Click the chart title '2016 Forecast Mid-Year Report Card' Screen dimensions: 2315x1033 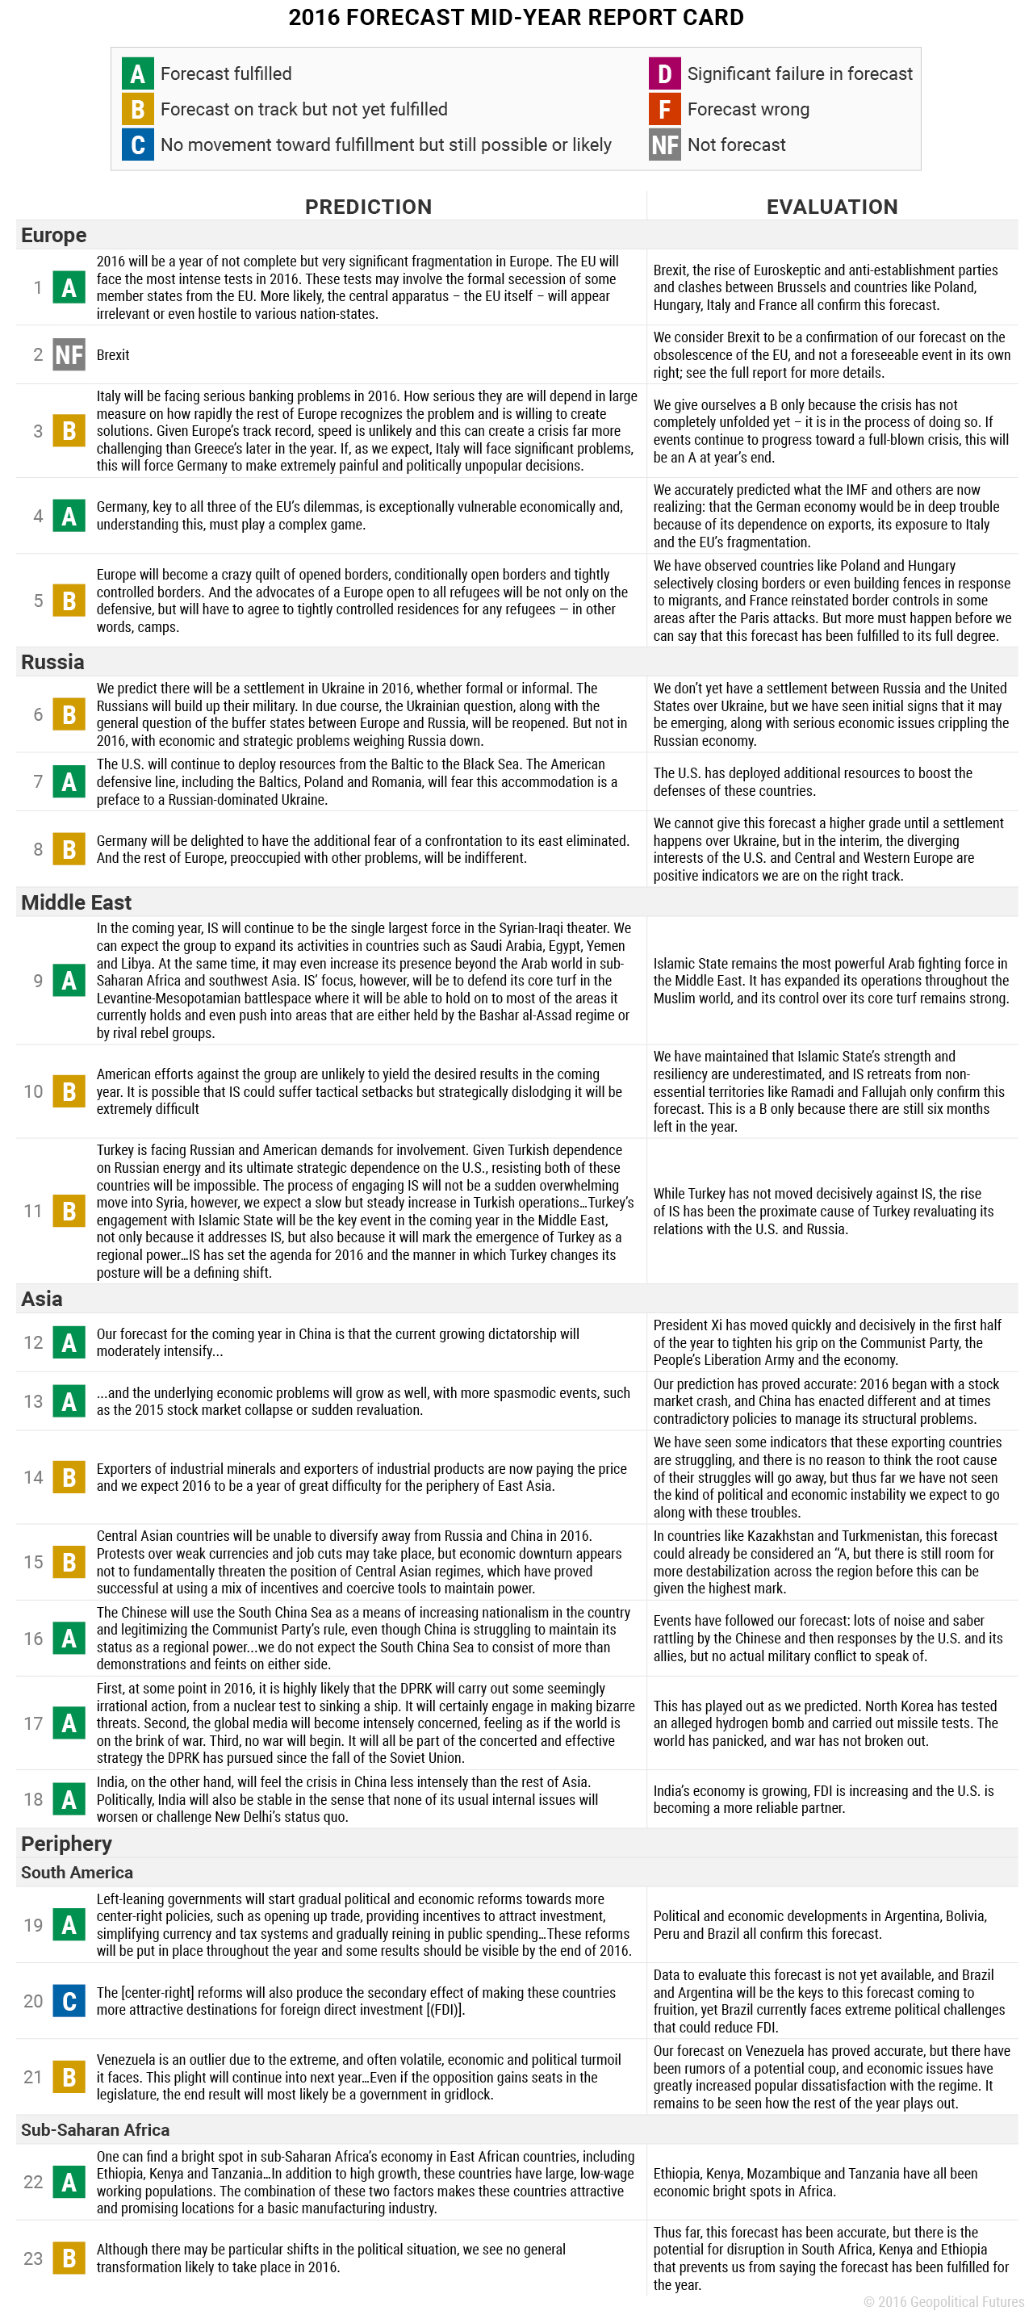516,18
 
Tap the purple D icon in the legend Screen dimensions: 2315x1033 664,73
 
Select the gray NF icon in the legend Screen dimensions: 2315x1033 664,144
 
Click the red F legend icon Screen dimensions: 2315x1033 664,110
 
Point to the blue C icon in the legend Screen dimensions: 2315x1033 137,144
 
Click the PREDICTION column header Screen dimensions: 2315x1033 368,207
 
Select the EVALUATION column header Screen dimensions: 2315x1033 832,207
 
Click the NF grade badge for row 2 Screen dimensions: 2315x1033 69,355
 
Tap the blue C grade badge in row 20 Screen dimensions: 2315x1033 69,2001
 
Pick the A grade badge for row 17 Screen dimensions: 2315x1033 69,1723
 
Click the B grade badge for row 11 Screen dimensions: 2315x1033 69,1211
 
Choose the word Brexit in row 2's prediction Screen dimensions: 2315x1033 113,355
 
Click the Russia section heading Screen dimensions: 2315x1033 53,663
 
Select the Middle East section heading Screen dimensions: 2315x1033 77,902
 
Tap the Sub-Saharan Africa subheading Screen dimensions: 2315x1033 95,2129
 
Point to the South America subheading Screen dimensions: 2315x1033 77,1872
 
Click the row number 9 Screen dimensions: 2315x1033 38,981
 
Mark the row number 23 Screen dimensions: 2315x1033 33,2258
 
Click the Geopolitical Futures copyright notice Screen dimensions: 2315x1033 943,2301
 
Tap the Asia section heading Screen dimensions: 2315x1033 42,1299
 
